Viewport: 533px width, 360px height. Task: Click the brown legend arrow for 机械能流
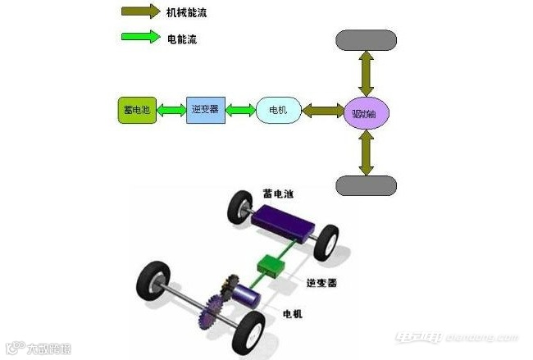pyautogui.click(x=141, y=11)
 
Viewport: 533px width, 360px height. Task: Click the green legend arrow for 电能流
pyautogui.click(x=141, y=38)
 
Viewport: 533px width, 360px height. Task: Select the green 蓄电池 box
pyautogui.click(x=135, y=110)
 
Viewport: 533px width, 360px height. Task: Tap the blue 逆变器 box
pyautogui.click(x=204, y=109)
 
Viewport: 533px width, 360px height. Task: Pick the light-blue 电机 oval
pyautogui.click(x=279, y=110)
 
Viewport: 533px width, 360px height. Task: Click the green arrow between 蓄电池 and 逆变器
pyautogui.click(x=171, y=110)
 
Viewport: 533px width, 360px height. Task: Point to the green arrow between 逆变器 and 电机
pyautogui.click(x=239, y=110)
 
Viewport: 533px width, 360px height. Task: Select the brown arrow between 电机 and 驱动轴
pyautogui.click(x=322, y=110)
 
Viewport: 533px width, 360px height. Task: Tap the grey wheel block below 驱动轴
pyautogui.click(x=366, y=185)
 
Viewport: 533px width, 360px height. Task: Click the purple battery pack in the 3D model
pyautogui.click(x=282, y=222)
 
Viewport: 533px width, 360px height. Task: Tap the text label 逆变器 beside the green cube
pyautogui.click(x=321, y=282)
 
